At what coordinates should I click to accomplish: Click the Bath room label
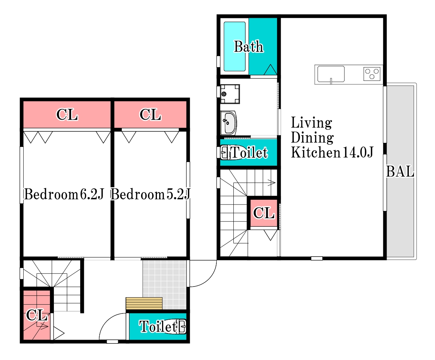coord(249,46)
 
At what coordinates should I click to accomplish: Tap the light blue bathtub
coord(235,46)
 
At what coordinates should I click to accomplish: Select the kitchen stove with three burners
coord(372,74)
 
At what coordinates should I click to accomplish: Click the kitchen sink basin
coord(331,74)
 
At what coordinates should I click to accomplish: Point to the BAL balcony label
coord(400,171)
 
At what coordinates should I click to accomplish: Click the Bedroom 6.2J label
coord(64,194)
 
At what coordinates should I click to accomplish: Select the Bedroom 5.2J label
coord(150,194)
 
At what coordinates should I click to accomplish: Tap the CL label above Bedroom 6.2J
coord(67,114)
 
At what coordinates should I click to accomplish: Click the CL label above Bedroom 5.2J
coord(150,114)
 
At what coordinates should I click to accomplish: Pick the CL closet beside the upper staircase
coord(264,213)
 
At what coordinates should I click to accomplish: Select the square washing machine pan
coord(230,94)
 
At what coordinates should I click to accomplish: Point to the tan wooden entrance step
coord(144,304)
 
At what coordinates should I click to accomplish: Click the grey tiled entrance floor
coord(165,284)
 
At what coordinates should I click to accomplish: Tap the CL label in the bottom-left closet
coord(36,315)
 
